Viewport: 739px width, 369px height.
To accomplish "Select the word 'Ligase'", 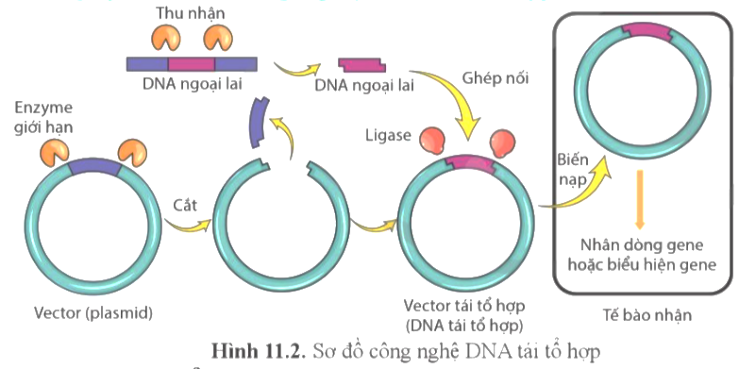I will pos(386,136).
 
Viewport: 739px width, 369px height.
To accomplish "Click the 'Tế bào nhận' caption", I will pos(646,315).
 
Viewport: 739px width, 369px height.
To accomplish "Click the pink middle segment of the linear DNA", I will pos(193,63).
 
